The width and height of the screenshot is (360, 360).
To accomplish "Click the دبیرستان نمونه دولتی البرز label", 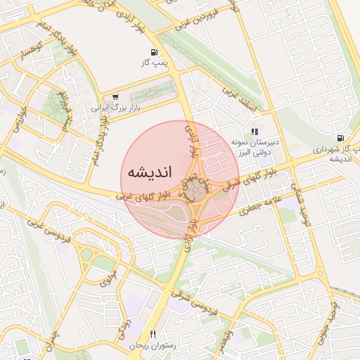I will [255, 146].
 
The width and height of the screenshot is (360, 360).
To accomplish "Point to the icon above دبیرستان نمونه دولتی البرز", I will [255, 131].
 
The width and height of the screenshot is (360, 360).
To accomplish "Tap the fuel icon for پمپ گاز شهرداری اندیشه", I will [341, 138].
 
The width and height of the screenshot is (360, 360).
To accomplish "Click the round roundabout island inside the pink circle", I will [200, 189].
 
